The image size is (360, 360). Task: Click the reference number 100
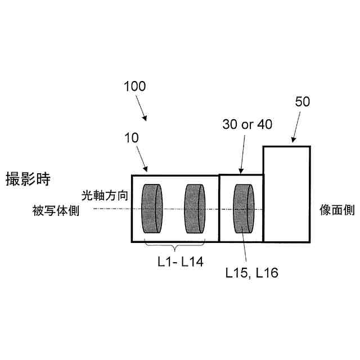134,87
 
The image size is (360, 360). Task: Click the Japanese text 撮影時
28,179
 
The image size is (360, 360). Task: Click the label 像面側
337,210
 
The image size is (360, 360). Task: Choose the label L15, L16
252,273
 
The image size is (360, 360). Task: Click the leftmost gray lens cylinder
152,209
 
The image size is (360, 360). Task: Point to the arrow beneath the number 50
293,137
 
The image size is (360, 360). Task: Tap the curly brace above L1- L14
175,248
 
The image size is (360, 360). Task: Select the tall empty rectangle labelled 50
286,194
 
